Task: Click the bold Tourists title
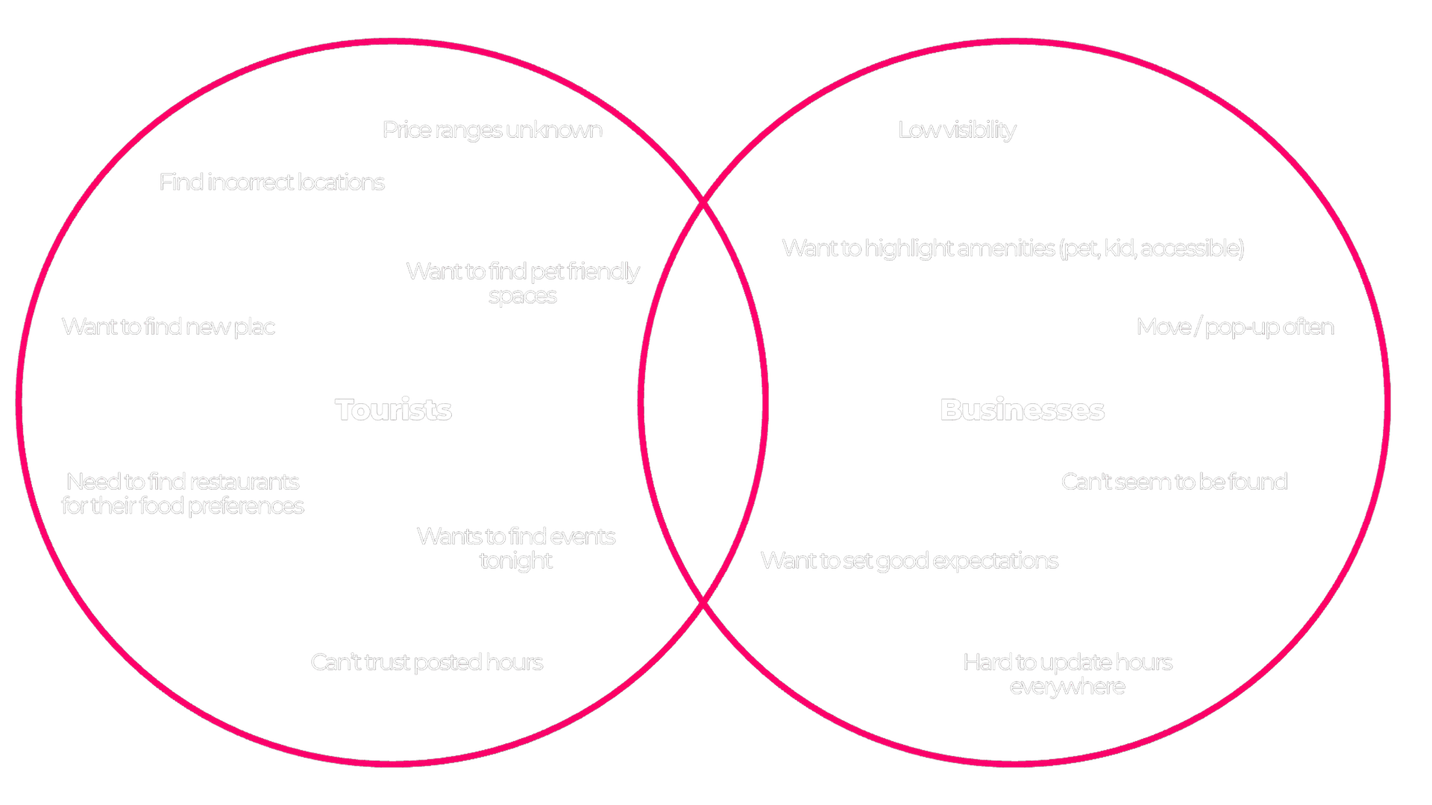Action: [x=393, y=409]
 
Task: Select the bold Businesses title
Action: [x=1022, y=409]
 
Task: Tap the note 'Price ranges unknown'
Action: [x=492, y=130]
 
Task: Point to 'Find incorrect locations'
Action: [x=271, y=182]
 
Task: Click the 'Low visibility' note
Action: [x=956, y=130]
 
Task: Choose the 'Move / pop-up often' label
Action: [x=1235, y=326]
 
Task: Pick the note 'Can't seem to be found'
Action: [x=1174, y=482]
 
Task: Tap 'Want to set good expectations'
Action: [x=909, y=561]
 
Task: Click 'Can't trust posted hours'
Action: [x=427, y=662]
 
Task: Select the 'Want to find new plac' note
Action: [x=169, y=326]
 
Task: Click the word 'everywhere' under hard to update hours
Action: [x=1067, y=686]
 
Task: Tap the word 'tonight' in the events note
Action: [x=515, y=561]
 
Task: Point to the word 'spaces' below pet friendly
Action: [x=522, y=296]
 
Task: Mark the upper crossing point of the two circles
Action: [x=703, y=202]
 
